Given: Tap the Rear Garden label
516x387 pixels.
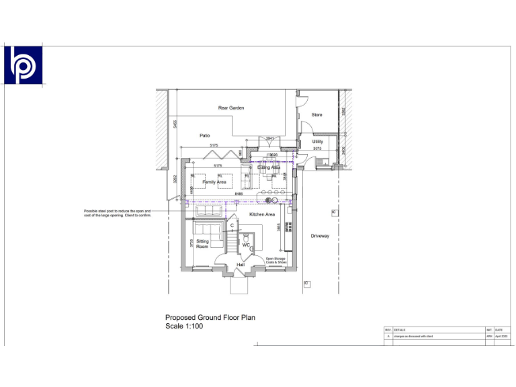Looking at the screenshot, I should tap(230, 107).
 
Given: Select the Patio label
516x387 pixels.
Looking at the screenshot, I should tap(205, 135).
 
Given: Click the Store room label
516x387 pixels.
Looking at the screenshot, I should tap(316, 115).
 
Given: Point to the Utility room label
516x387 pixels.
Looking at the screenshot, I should tap(317, 142).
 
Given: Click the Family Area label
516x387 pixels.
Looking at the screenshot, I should tap(214, 182).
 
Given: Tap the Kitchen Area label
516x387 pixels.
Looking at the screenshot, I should tap(262, 214).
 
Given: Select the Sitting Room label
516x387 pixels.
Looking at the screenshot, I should tap(202, 243).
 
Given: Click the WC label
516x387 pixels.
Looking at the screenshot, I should tap(246, 245).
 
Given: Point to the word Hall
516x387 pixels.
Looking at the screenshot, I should tap(240, 265).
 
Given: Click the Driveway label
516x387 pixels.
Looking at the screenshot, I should tap(320, 236).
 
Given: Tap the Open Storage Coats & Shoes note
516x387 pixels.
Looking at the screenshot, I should tap(276, 260).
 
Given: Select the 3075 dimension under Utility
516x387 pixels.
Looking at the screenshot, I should tap(317, 148).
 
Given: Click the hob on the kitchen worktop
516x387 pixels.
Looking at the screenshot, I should tap(289, 226).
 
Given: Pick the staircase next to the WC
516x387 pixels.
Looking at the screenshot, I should tap(231, 239).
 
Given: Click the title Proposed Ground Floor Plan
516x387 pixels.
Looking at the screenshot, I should tap(210, 317).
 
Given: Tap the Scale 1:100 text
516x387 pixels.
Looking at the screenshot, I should tap(184, 326).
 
